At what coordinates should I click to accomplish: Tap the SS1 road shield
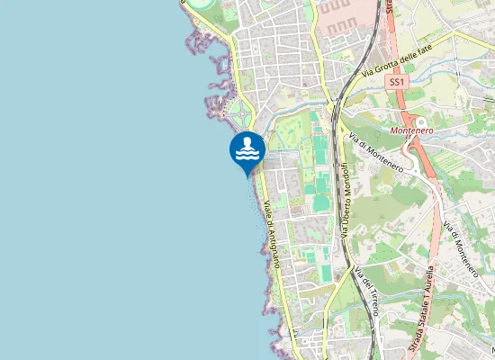click(x=396, y=82)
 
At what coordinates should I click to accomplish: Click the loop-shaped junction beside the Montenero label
click(x=420, y=121)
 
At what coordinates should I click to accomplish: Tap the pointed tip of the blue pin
click(x=247, y=175)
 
